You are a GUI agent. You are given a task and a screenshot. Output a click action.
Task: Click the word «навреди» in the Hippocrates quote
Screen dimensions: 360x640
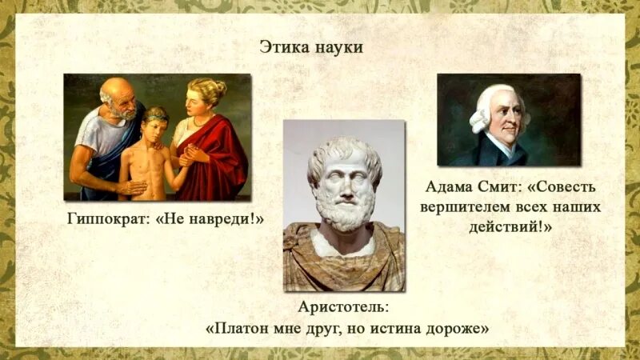pos(226,218)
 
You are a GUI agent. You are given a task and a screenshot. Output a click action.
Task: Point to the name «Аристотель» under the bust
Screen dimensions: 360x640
pos(343,307)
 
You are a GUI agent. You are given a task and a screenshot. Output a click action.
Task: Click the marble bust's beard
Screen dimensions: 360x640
pos(345,210)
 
